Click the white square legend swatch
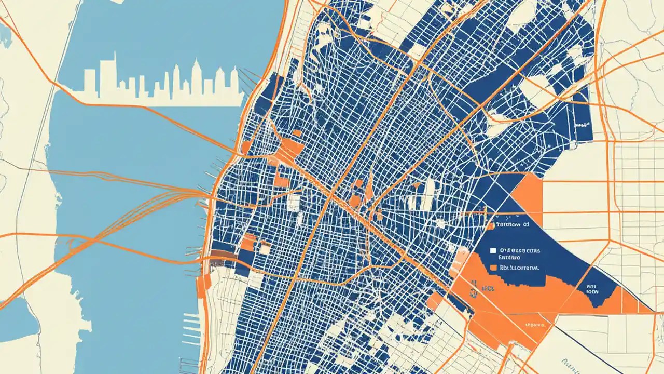click(x=493, y=250)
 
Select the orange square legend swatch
click(x=493, y=268)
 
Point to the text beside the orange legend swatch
click(x=520, y=268)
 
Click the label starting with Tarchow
click(x=511, y=225)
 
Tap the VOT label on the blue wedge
click(x=592, y=289)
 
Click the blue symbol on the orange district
click(x=473, y=288)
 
